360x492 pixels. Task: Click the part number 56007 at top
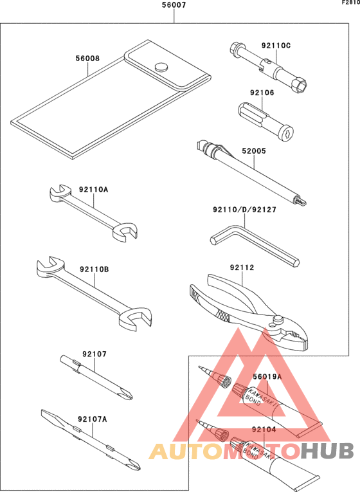[x=174, y=6]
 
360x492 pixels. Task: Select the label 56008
[x=87, y=58]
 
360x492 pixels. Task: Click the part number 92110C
[x=276, y=46]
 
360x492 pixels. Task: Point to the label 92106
[x=262, y=93]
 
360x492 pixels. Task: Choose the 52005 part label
[x=254, y=152]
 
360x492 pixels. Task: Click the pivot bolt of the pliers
[x=277, y=320]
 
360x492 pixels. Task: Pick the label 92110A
[x=94, y=190]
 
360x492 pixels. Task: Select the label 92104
[x=264, y=429]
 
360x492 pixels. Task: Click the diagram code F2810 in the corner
[x=350, y=3]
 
